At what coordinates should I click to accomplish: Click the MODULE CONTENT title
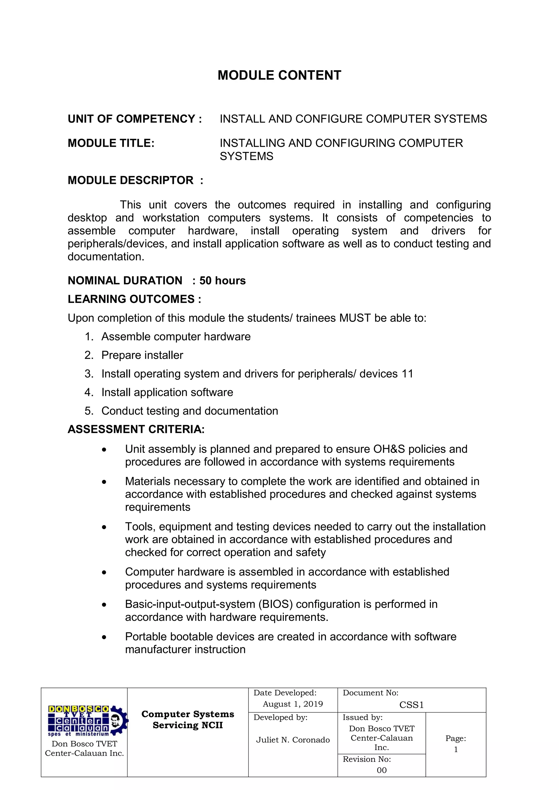[x=279, y=75]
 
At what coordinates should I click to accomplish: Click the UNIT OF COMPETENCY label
[x=135, y=119]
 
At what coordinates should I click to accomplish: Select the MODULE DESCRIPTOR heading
[x=135, y=180]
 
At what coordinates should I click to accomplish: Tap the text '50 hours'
[x=222, y=281]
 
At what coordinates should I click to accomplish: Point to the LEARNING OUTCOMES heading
[x=134, y=299]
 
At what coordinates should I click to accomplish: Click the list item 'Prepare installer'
[x=142, y=355]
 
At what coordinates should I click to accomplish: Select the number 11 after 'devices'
[x=407, y=374]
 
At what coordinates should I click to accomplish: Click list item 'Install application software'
[x=167, y=392]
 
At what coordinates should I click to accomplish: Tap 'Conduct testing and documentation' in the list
[x=189, y=411]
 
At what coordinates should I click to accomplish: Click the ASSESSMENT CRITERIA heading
[x=136, y=430]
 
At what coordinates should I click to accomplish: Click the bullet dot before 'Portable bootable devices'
[x=104, y=637]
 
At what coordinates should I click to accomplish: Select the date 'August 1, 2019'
[x=293, y=704]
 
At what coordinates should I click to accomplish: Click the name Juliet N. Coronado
[x=293, y=740]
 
